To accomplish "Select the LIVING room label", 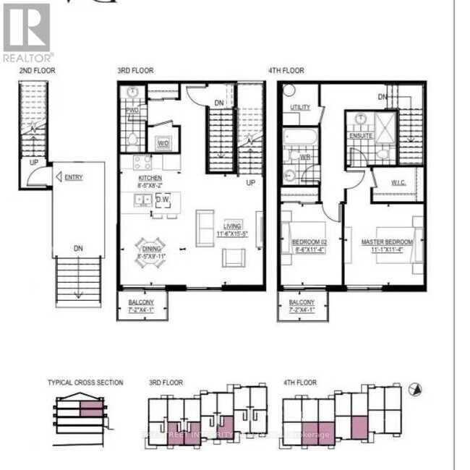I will point(233,225).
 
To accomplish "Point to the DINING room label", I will point(152,248).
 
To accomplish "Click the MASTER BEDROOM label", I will point(383,242).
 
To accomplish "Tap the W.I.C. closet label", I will point(398,183).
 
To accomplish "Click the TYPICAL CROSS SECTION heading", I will point(85,383).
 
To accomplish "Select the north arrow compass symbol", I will point(415,390).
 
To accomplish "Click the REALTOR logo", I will point(27,33).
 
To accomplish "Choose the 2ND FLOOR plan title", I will point(37,71).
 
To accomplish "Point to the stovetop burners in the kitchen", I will point(141,161).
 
